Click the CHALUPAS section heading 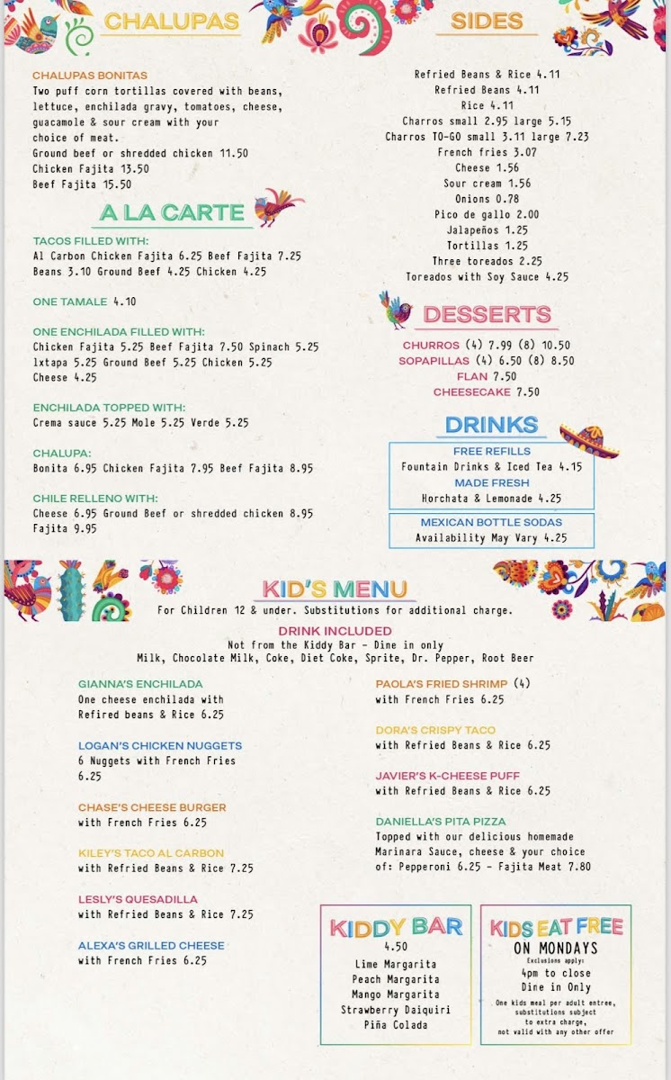pyautogui.click(x=171, y=22)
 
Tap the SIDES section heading pyautogui.click(x=487, y=22)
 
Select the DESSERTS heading pyautogui.click(x=487, y=315)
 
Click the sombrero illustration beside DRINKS pyautogui.click(x=589, y=439)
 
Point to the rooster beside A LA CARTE pyautogui.click(x=279, y=208)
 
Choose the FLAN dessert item pyautogui.click(x=471, y=376)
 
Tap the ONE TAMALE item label pyautogui.click(x=70, y=301)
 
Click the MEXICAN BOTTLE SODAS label pyautogui.click(x=491, y=522)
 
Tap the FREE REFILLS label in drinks pyautogui.click(x=491, y=451)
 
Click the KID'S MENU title pyautogui.click(x=335, y=589)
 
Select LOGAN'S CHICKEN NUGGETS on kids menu pyautogui.click(x=160, y=745)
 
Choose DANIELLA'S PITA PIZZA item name pyautogui.click(x=441, y=821)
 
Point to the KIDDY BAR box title pyautogui.click(x=396, y=927)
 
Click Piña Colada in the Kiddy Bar pyautogui.click(x=396, y=1024)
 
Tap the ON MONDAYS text pyautogui.click(x=556, y=948)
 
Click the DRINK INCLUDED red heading pyautogui.click(x=335, y=631)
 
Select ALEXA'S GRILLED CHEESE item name pyautogui.click(x=151, y=945)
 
